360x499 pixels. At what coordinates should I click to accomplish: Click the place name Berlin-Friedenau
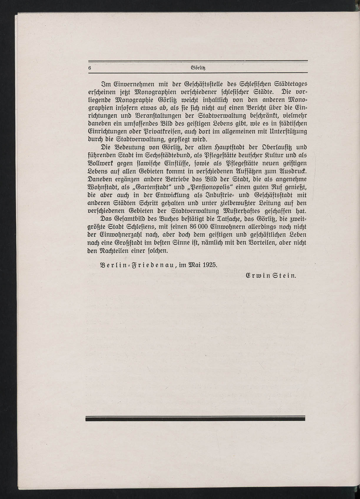tap(138, 264)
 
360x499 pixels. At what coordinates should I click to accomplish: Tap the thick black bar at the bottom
tap(195, 418)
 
